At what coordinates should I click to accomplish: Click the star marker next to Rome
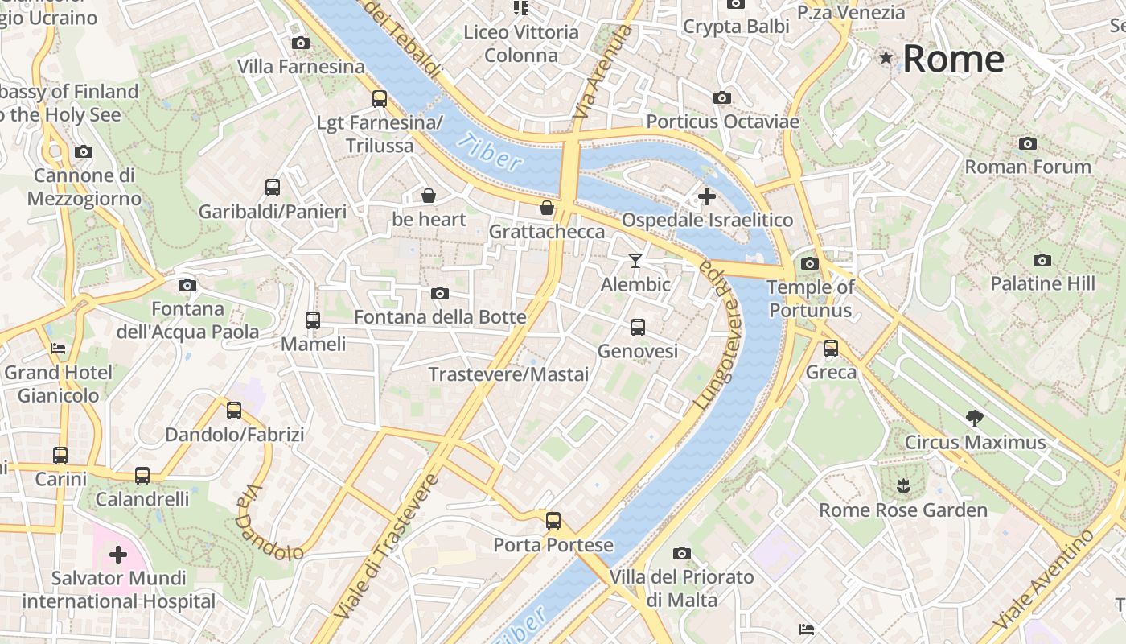tap(886, 58)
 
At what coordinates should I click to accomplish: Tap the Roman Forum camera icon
tap(1027, 144)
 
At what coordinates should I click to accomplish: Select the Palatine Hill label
tap(1042, 283)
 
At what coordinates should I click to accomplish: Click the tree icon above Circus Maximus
tap(975, 418)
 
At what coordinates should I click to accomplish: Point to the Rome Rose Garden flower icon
tap(902, 485)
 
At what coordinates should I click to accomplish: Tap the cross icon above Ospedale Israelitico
tap(707, 196)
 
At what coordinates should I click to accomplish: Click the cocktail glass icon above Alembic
tap(635, 260)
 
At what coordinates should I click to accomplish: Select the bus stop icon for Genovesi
tap(637, 328)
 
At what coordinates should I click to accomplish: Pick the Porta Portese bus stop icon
tap(553, 521)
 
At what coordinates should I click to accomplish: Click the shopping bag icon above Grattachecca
tap(547, 208)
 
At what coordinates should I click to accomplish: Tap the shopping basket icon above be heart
tap(429, 196)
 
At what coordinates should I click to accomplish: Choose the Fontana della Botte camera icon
tap(439, 294)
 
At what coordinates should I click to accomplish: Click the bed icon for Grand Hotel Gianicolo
tap(58, 349)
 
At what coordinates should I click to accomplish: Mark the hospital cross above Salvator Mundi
tap(118, 555)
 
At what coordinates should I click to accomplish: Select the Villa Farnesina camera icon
tap(301, 43)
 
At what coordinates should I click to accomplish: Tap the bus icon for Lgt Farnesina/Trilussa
tap(379, 99)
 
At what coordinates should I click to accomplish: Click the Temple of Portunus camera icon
tap(810, 263)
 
